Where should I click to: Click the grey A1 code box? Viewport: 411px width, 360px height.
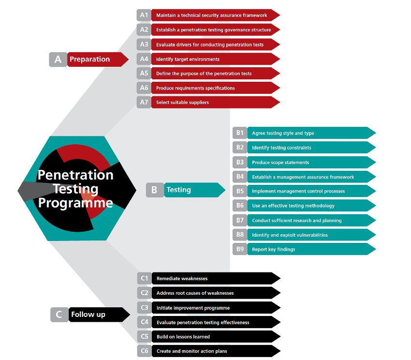(144, 15)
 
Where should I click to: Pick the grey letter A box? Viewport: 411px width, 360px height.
(58, 60)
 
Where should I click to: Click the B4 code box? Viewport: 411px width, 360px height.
(240, 177)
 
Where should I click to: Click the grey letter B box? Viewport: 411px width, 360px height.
(154, 190)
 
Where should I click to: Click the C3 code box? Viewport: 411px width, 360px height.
(144, 307)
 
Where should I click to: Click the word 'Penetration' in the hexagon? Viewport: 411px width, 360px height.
(75, 175)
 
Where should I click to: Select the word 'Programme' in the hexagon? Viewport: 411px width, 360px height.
(75, 203)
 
